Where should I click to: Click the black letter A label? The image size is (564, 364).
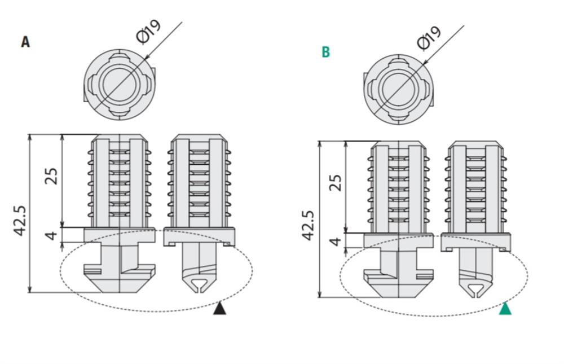pos(25,42)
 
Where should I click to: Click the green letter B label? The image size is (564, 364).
pos(325,52)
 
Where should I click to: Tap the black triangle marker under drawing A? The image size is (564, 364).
pos(220,309)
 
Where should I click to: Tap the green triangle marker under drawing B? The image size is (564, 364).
pos(505,309)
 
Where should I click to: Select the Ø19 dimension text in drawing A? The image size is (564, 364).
pos(149,32)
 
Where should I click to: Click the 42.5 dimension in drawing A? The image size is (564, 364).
pos(20,221)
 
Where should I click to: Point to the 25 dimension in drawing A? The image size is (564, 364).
pos(51,176)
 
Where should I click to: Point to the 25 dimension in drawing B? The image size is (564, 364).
pos(335,183)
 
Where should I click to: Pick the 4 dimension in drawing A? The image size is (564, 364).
pos(51,235)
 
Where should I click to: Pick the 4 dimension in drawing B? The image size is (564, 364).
pos(335,241)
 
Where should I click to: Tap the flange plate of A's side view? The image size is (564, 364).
pos(199,236)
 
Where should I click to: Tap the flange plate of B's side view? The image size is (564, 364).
pos(476,242)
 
